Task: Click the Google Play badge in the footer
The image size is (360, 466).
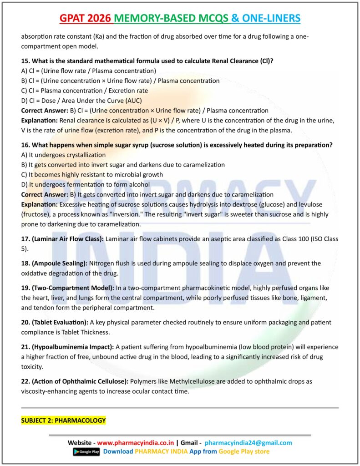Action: [x=86, y=452]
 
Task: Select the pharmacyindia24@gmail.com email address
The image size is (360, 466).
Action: [x=248, y=443]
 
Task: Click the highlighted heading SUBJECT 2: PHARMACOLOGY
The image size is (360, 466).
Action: [x=63, y=420]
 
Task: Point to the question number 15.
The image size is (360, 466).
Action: [x=25, y=61]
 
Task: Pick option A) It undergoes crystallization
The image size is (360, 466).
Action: [x=63, y=155]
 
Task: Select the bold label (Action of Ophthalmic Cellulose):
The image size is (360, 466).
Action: [x=80, y=381]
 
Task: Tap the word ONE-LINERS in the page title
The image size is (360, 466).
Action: [x=272, y=18]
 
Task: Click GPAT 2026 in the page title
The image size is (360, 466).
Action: [x=86, y=18]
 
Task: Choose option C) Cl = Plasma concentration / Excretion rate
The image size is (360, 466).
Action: [x=85, y=91]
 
